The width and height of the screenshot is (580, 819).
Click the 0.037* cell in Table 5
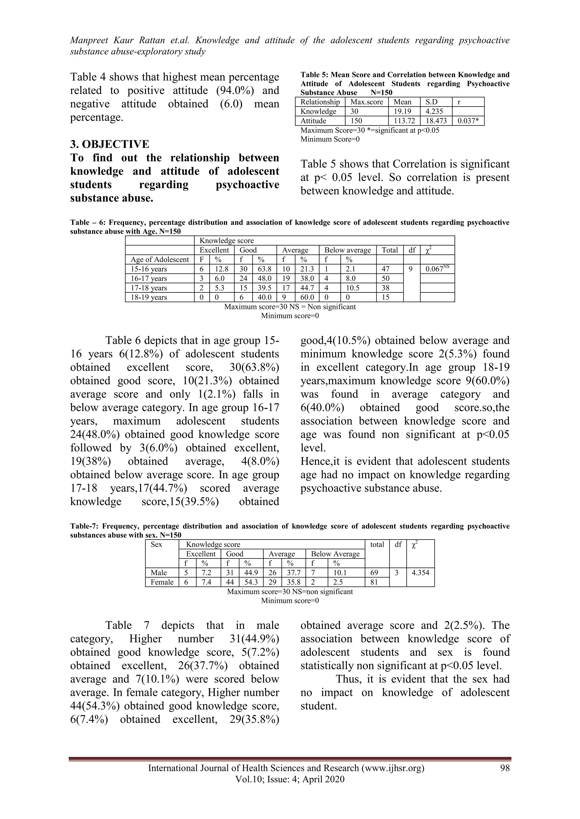coord(468,121)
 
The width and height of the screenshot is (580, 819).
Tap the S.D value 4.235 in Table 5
coord(434,111)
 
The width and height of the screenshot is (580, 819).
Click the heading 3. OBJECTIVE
coord(110,145)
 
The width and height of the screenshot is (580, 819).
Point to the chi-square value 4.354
coord(420,573)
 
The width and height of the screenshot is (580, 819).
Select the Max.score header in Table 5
coord(366,102)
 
